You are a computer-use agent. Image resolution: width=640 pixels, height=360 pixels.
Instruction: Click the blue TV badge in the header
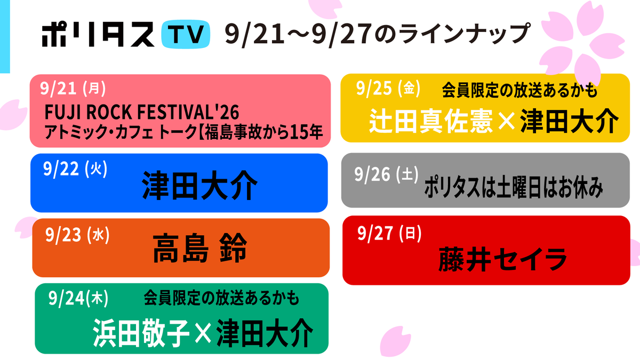[x=186, y=34]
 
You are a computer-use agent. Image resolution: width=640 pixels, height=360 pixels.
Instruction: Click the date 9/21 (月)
[x=73, y=89]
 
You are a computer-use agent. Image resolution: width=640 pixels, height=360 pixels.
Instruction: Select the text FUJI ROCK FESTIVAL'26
[x=142, y=112]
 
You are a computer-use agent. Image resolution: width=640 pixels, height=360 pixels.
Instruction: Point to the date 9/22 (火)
[x=75, y=169]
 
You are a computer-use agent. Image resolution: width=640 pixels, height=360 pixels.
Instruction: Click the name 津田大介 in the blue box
[x=199, y=186]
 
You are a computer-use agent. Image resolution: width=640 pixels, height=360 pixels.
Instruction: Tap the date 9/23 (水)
[x=77, y=235]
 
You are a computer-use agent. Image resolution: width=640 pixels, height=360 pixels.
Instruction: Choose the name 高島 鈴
[x=199, y=247]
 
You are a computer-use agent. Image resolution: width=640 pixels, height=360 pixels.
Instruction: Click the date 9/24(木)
[x=78, y=298]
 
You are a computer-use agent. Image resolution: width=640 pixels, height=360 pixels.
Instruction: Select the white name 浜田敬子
[x=141, y=333]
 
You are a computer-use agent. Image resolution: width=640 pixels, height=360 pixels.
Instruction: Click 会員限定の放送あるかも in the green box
[x=221, y=298]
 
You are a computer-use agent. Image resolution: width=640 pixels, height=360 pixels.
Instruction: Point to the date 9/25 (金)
[x=388, y=88]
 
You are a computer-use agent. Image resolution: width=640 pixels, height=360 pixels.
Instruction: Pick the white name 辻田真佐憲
[x=430, y=121]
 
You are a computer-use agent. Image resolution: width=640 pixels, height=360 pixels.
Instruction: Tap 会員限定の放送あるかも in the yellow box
[x=519, y=90]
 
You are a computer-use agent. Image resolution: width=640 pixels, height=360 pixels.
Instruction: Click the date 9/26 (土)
[x=386, y=174]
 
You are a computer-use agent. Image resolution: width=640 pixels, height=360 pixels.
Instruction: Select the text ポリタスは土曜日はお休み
[x=514, y=187]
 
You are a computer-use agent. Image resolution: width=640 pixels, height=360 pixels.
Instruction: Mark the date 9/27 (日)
[x=389, y=233]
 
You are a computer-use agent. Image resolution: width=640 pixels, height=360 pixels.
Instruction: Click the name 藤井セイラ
[x=503, y=259]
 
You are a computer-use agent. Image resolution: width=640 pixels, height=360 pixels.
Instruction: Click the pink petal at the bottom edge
[x=395, y=343]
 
